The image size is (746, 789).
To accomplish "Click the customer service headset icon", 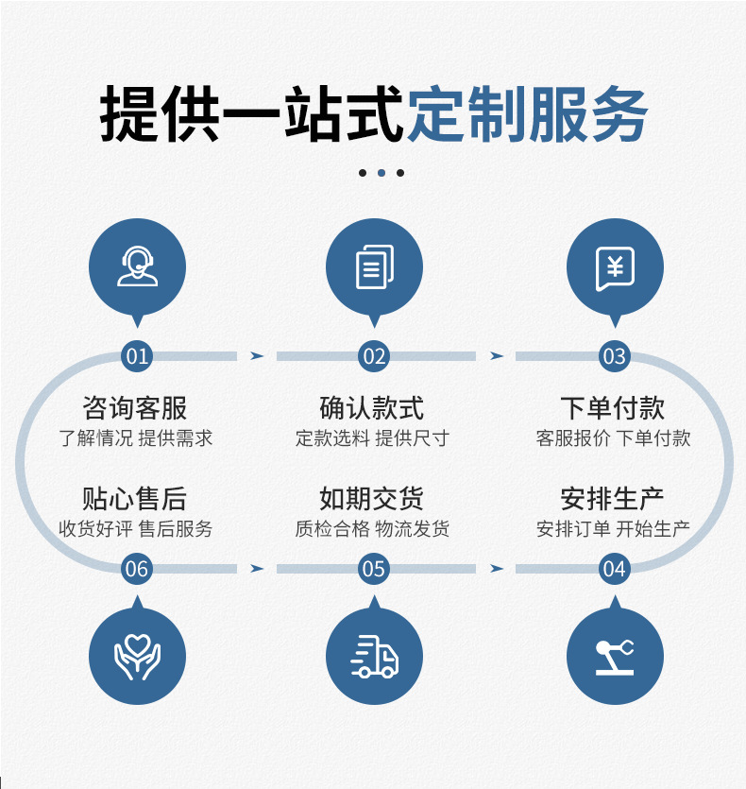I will pos(137,266).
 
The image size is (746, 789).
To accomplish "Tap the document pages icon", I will pos(374,266).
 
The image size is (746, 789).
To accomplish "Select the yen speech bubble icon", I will pos(614,267).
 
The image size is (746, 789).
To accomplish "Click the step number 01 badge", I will pos(137,356).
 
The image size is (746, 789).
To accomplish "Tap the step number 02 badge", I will pos(374,356).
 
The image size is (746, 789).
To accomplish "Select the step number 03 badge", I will pos(614,356).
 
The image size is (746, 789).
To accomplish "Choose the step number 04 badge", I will pos(614,569).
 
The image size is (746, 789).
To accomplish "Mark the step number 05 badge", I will pos(374,569).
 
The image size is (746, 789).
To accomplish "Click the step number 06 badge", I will pos(137,569).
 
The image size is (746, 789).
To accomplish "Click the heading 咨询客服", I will pos(135,408).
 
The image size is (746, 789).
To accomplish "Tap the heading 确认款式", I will pos(372,408).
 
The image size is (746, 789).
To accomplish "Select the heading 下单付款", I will pos(613,408).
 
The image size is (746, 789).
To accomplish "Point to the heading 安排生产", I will pos(613,498).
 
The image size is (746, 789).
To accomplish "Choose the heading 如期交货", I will pos(372,498).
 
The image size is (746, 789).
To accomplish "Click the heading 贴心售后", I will pos(135,498).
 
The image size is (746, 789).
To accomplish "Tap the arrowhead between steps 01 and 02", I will pos(256,356).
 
